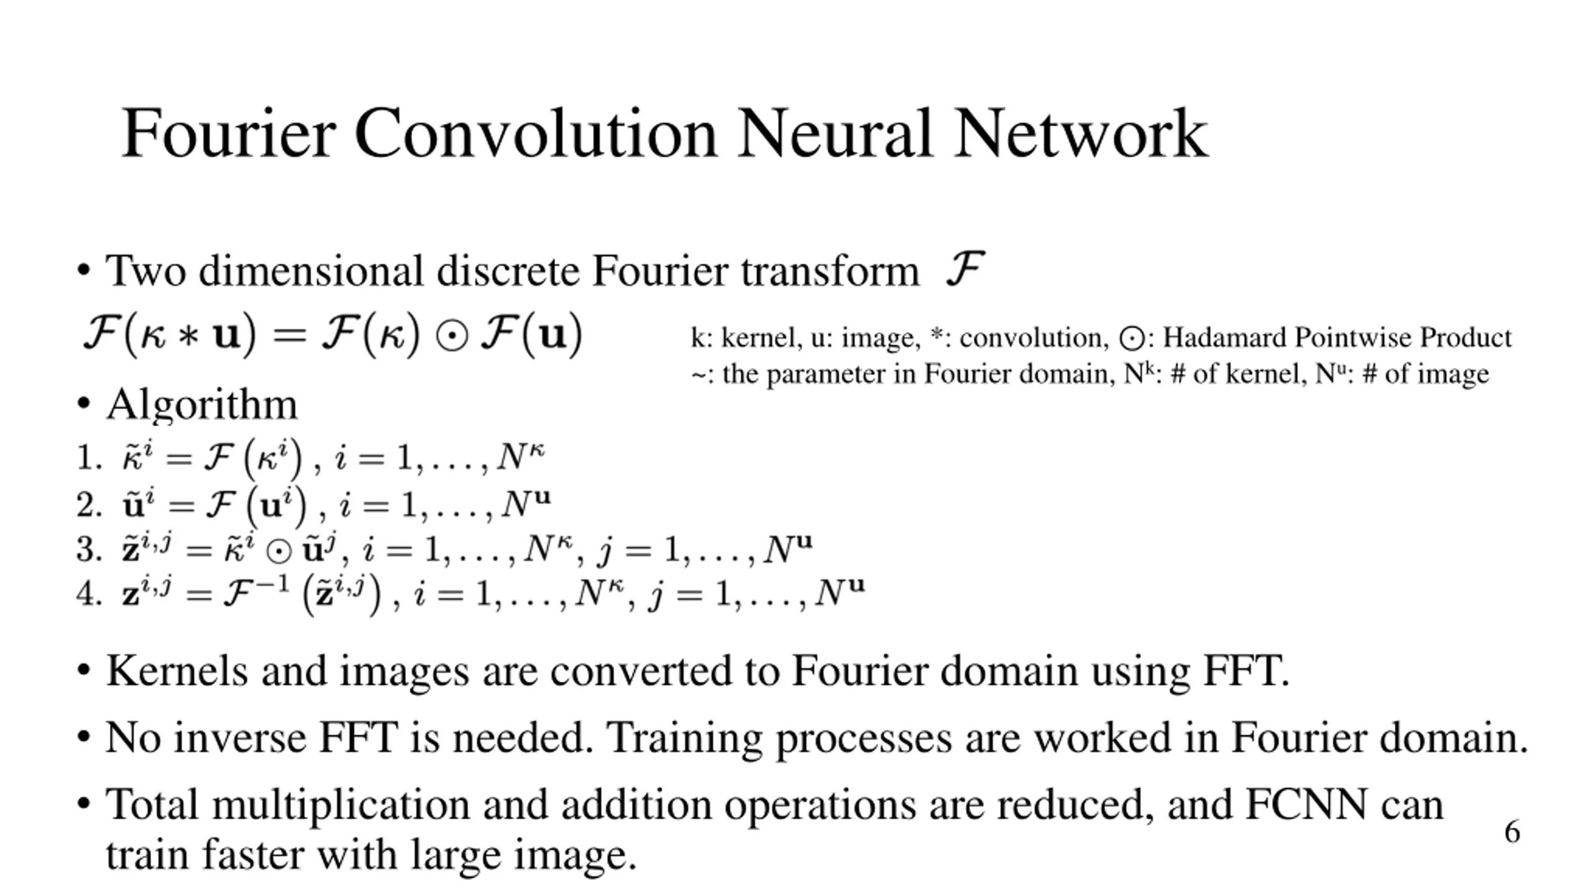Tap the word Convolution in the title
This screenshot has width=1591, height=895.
coord(535,134)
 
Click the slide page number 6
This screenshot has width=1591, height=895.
coord(1512,832)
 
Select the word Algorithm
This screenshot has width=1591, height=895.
coord(202,405)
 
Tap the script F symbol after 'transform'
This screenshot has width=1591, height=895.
coord(965,268)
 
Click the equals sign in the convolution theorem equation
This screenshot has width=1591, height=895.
coord(290,336)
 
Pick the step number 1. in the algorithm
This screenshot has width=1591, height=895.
coord(89,459)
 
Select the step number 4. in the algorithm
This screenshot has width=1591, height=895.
coord(89,594)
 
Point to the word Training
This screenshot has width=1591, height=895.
coord(684,738)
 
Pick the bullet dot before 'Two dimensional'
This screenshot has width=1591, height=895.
coord(83,271)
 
